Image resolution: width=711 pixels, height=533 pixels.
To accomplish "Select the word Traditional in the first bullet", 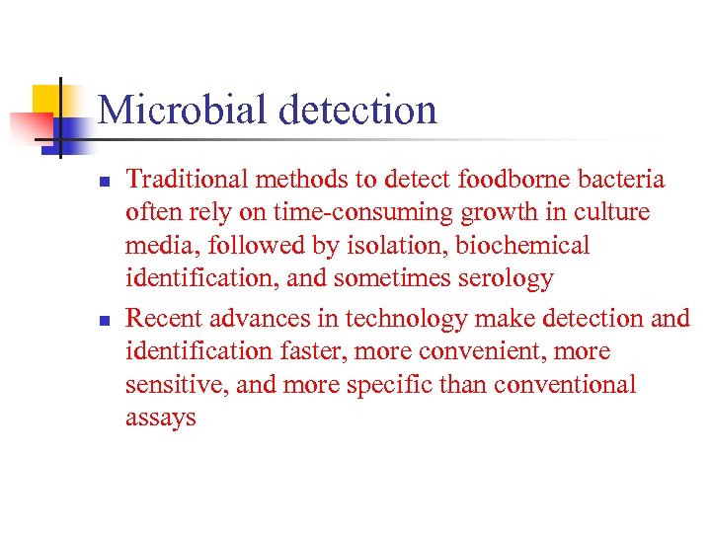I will pos(188,179).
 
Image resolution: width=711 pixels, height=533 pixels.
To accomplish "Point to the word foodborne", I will pos(495,179).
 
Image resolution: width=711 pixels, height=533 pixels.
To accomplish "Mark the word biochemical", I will pos(522,245).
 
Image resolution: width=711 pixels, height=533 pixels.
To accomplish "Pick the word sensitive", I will pos(178,384).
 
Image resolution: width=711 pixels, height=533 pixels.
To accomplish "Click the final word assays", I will pos(161,418).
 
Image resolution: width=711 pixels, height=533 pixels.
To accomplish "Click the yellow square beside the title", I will pos(49,100).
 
